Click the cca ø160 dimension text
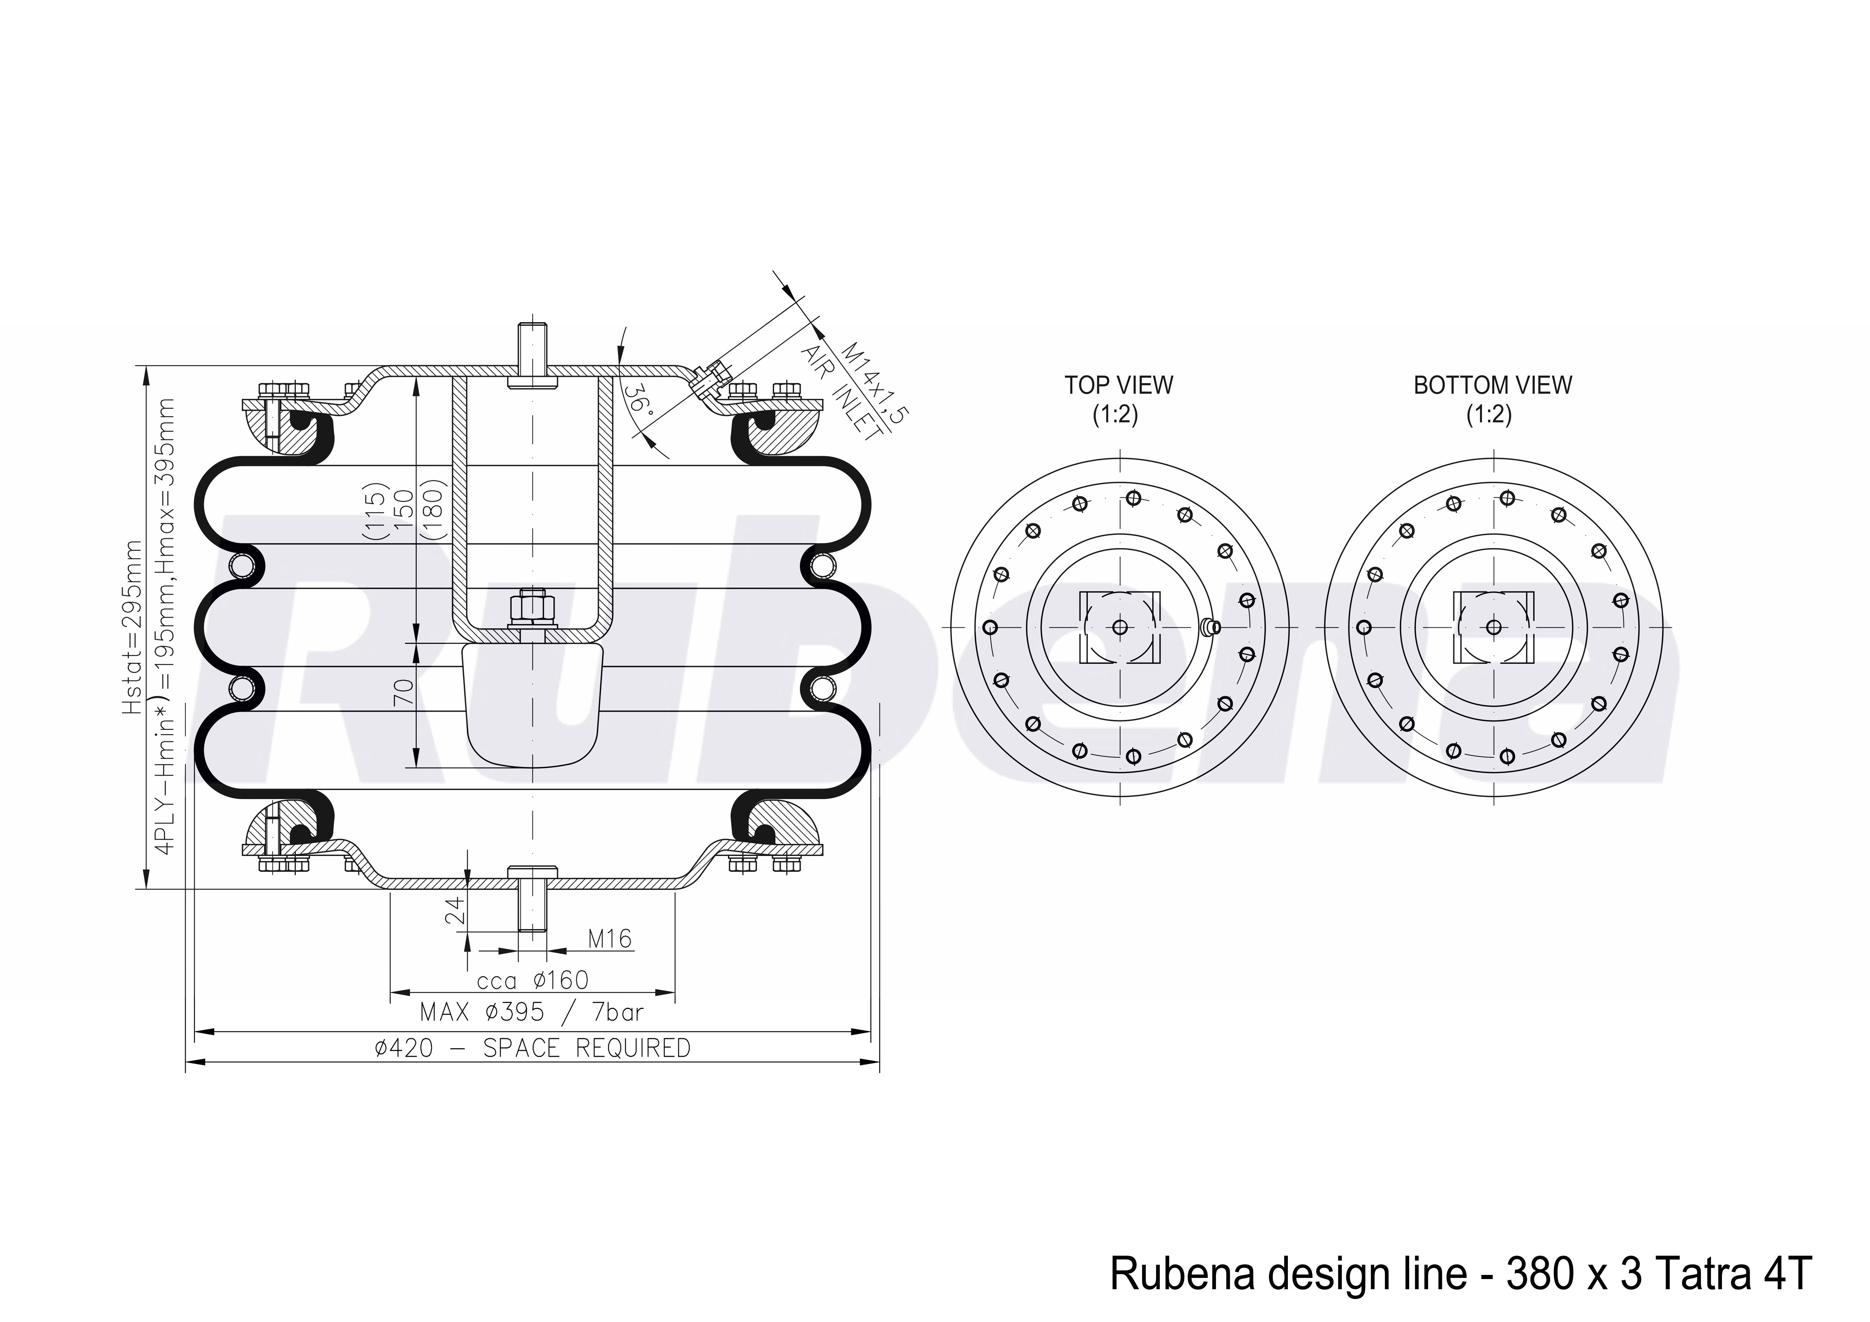[532, 980]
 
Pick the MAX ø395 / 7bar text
[532, 1012]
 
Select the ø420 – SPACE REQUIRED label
[532, 1047]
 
